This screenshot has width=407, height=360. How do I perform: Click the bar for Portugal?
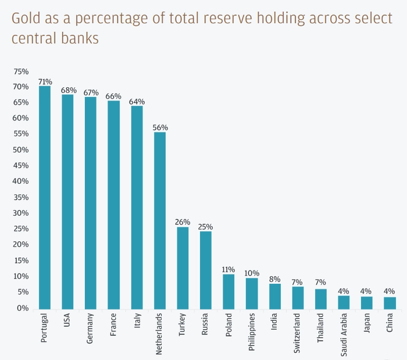(x=45, y=198)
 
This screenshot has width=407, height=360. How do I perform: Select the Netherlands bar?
(x=160, y=221)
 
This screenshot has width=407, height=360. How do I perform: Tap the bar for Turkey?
(x=183, y=268)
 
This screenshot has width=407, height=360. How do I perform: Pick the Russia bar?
(x=206, y=270)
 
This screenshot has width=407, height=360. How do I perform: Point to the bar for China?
(x=390, y=303)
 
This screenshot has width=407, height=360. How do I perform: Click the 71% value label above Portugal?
(x=45, y=82)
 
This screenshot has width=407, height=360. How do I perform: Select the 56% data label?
(x=160, y=127)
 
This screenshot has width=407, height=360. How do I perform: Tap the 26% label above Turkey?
(x=183, y=222)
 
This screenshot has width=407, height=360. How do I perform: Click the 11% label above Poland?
(x=229, y=269)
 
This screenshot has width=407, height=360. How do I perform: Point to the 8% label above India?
(x=274, y=279)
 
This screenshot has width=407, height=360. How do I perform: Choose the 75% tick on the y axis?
(x=21, y=72)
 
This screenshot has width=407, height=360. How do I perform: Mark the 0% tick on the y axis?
(x=23, y=308)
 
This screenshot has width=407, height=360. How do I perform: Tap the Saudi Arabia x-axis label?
(x=344, y=333)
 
